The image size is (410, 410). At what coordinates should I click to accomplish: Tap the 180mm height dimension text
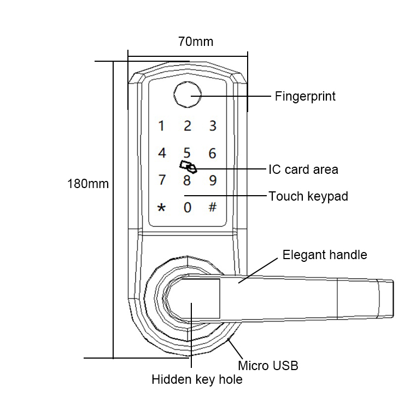[x=87, y=184]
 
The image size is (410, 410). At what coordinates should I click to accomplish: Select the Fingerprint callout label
[x=304, y=97]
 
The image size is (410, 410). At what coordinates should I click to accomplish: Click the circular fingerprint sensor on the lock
[x=188, y=97]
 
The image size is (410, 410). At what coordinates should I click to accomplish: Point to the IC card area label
[x=303, y=169]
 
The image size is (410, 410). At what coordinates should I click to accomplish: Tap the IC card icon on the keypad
[x=188, y=165]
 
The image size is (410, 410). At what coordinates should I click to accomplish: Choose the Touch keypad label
[x=308, y=196]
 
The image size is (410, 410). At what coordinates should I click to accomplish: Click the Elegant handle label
[x=324, y=255]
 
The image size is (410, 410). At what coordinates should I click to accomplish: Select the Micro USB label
[x=268, y=366]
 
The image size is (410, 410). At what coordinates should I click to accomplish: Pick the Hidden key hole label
[x=197, y=379]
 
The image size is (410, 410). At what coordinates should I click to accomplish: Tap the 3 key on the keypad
[x=213, y=126]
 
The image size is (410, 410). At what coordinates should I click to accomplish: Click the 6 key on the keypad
[x=213, y=154]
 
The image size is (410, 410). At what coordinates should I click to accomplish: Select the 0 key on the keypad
[x=188, y=208]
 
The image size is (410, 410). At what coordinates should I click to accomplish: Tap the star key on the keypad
[x=161, y=208]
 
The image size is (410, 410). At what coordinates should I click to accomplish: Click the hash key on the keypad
[x=213, y=208]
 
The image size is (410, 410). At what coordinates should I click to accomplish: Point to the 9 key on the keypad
[x=213, y=180]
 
